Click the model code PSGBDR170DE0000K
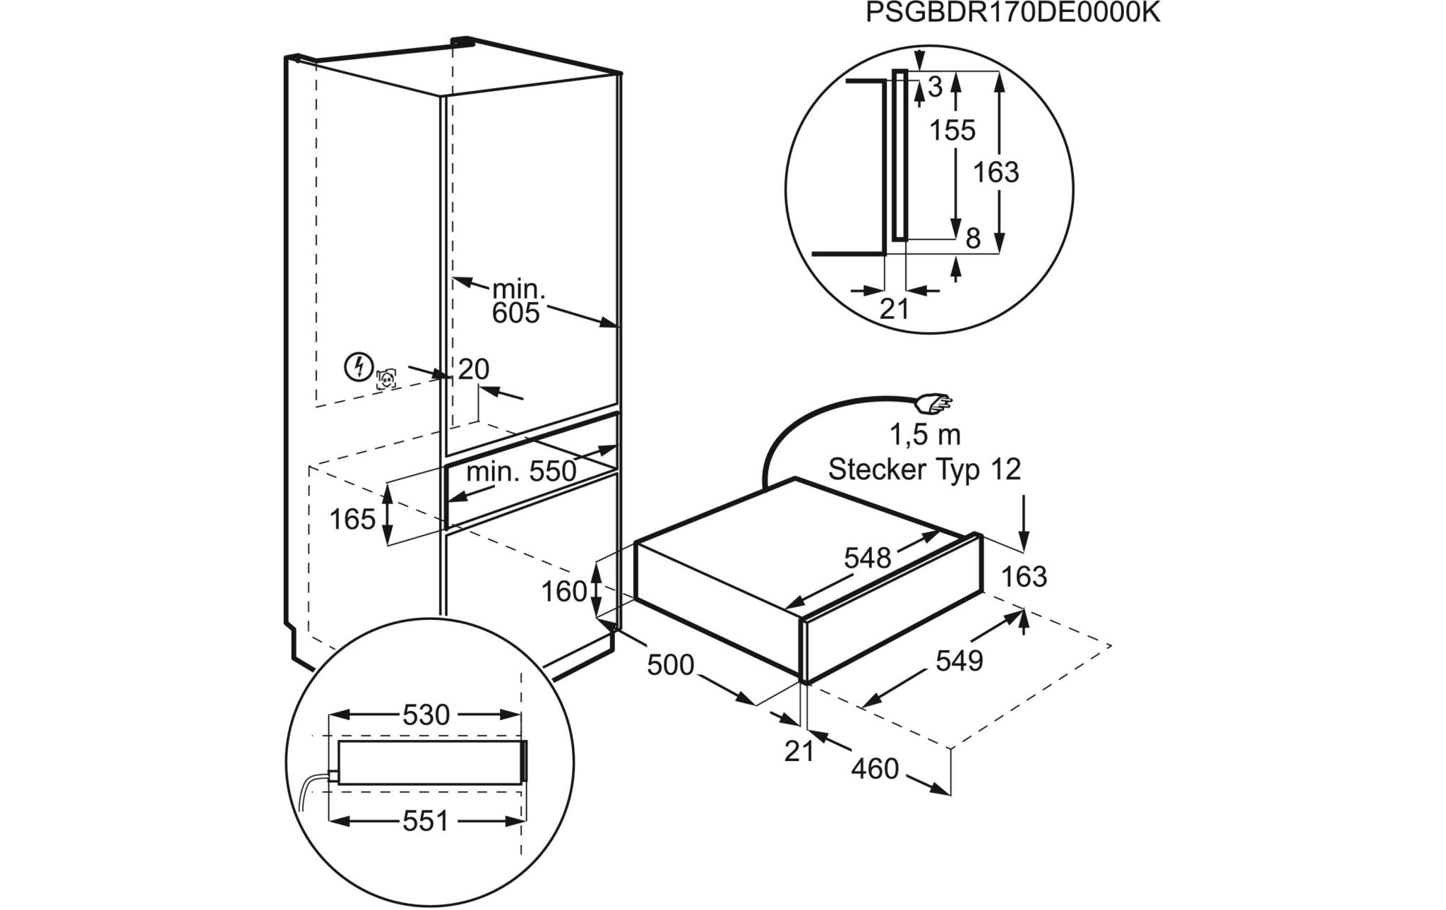pos(1013,14)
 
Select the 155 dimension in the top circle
pos(952,131)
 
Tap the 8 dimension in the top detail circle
pos(973,239)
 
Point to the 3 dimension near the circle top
pos(935,88)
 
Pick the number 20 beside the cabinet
pos(473,369)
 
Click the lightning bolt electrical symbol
pos(359,367)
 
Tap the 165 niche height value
pos(352,520)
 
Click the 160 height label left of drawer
pos(564,592)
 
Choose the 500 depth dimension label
pos(671,664)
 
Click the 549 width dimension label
pos(959,661)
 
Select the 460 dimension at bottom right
pos(874,769)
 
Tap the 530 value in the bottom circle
pos(426,715)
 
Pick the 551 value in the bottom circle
pos(426,821)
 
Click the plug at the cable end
pos(933,404)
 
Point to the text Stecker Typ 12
pos(924,469)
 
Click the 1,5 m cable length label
pos(924,436)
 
